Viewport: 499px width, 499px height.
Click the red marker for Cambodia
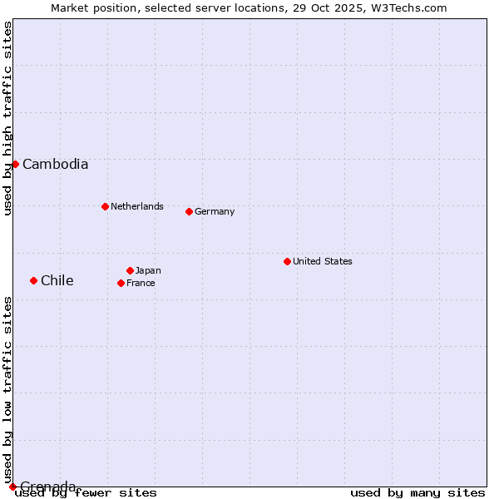pyautogui.click(x=15, y=164)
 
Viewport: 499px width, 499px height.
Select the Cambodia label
pyautogui.click(x=55, y=165)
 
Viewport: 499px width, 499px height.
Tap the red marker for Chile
pyautogui.click(x=33, y=280)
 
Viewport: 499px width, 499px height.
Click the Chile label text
pyautogui.click(x=57, y=281)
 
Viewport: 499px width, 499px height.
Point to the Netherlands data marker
pyautogui.click(x=105, y=206)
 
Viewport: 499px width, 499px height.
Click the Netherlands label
pyautogui.click(x=136, y=207)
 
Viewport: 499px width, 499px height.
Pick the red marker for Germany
pyautogui.click(x=189, y=211)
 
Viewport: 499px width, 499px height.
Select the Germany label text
pyautogui.click(x=215, y=212)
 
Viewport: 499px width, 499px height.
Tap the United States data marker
pyautogui.click(x=287, y=261)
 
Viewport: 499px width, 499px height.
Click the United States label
pyautogui.click(x=322, y=262)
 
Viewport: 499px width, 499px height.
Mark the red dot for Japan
pyautogui.click(x=130, y=270)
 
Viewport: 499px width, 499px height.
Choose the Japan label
pyautogui.click(x=148, y=271)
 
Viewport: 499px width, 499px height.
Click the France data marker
pyautogui.click(x=121, y=283)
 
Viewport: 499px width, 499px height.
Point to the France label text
pyautogui.click(x=141, y=284)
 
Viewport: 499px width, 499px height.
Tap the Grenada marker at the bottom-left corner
pyautogui.click(x=12, y=487)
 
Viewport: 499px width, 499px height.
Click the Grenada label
pyautogui.click(x=47, y=486)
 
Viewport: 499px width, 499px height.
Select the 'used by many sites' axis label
pyautogui.click(x=417, y=493)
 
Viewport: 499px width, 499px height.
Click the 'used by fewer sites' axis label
pyautogui.click(x=86, y=493)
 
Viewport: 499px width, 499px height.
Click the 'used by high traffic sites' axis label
pyautogui.click(x=8, y=118)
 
